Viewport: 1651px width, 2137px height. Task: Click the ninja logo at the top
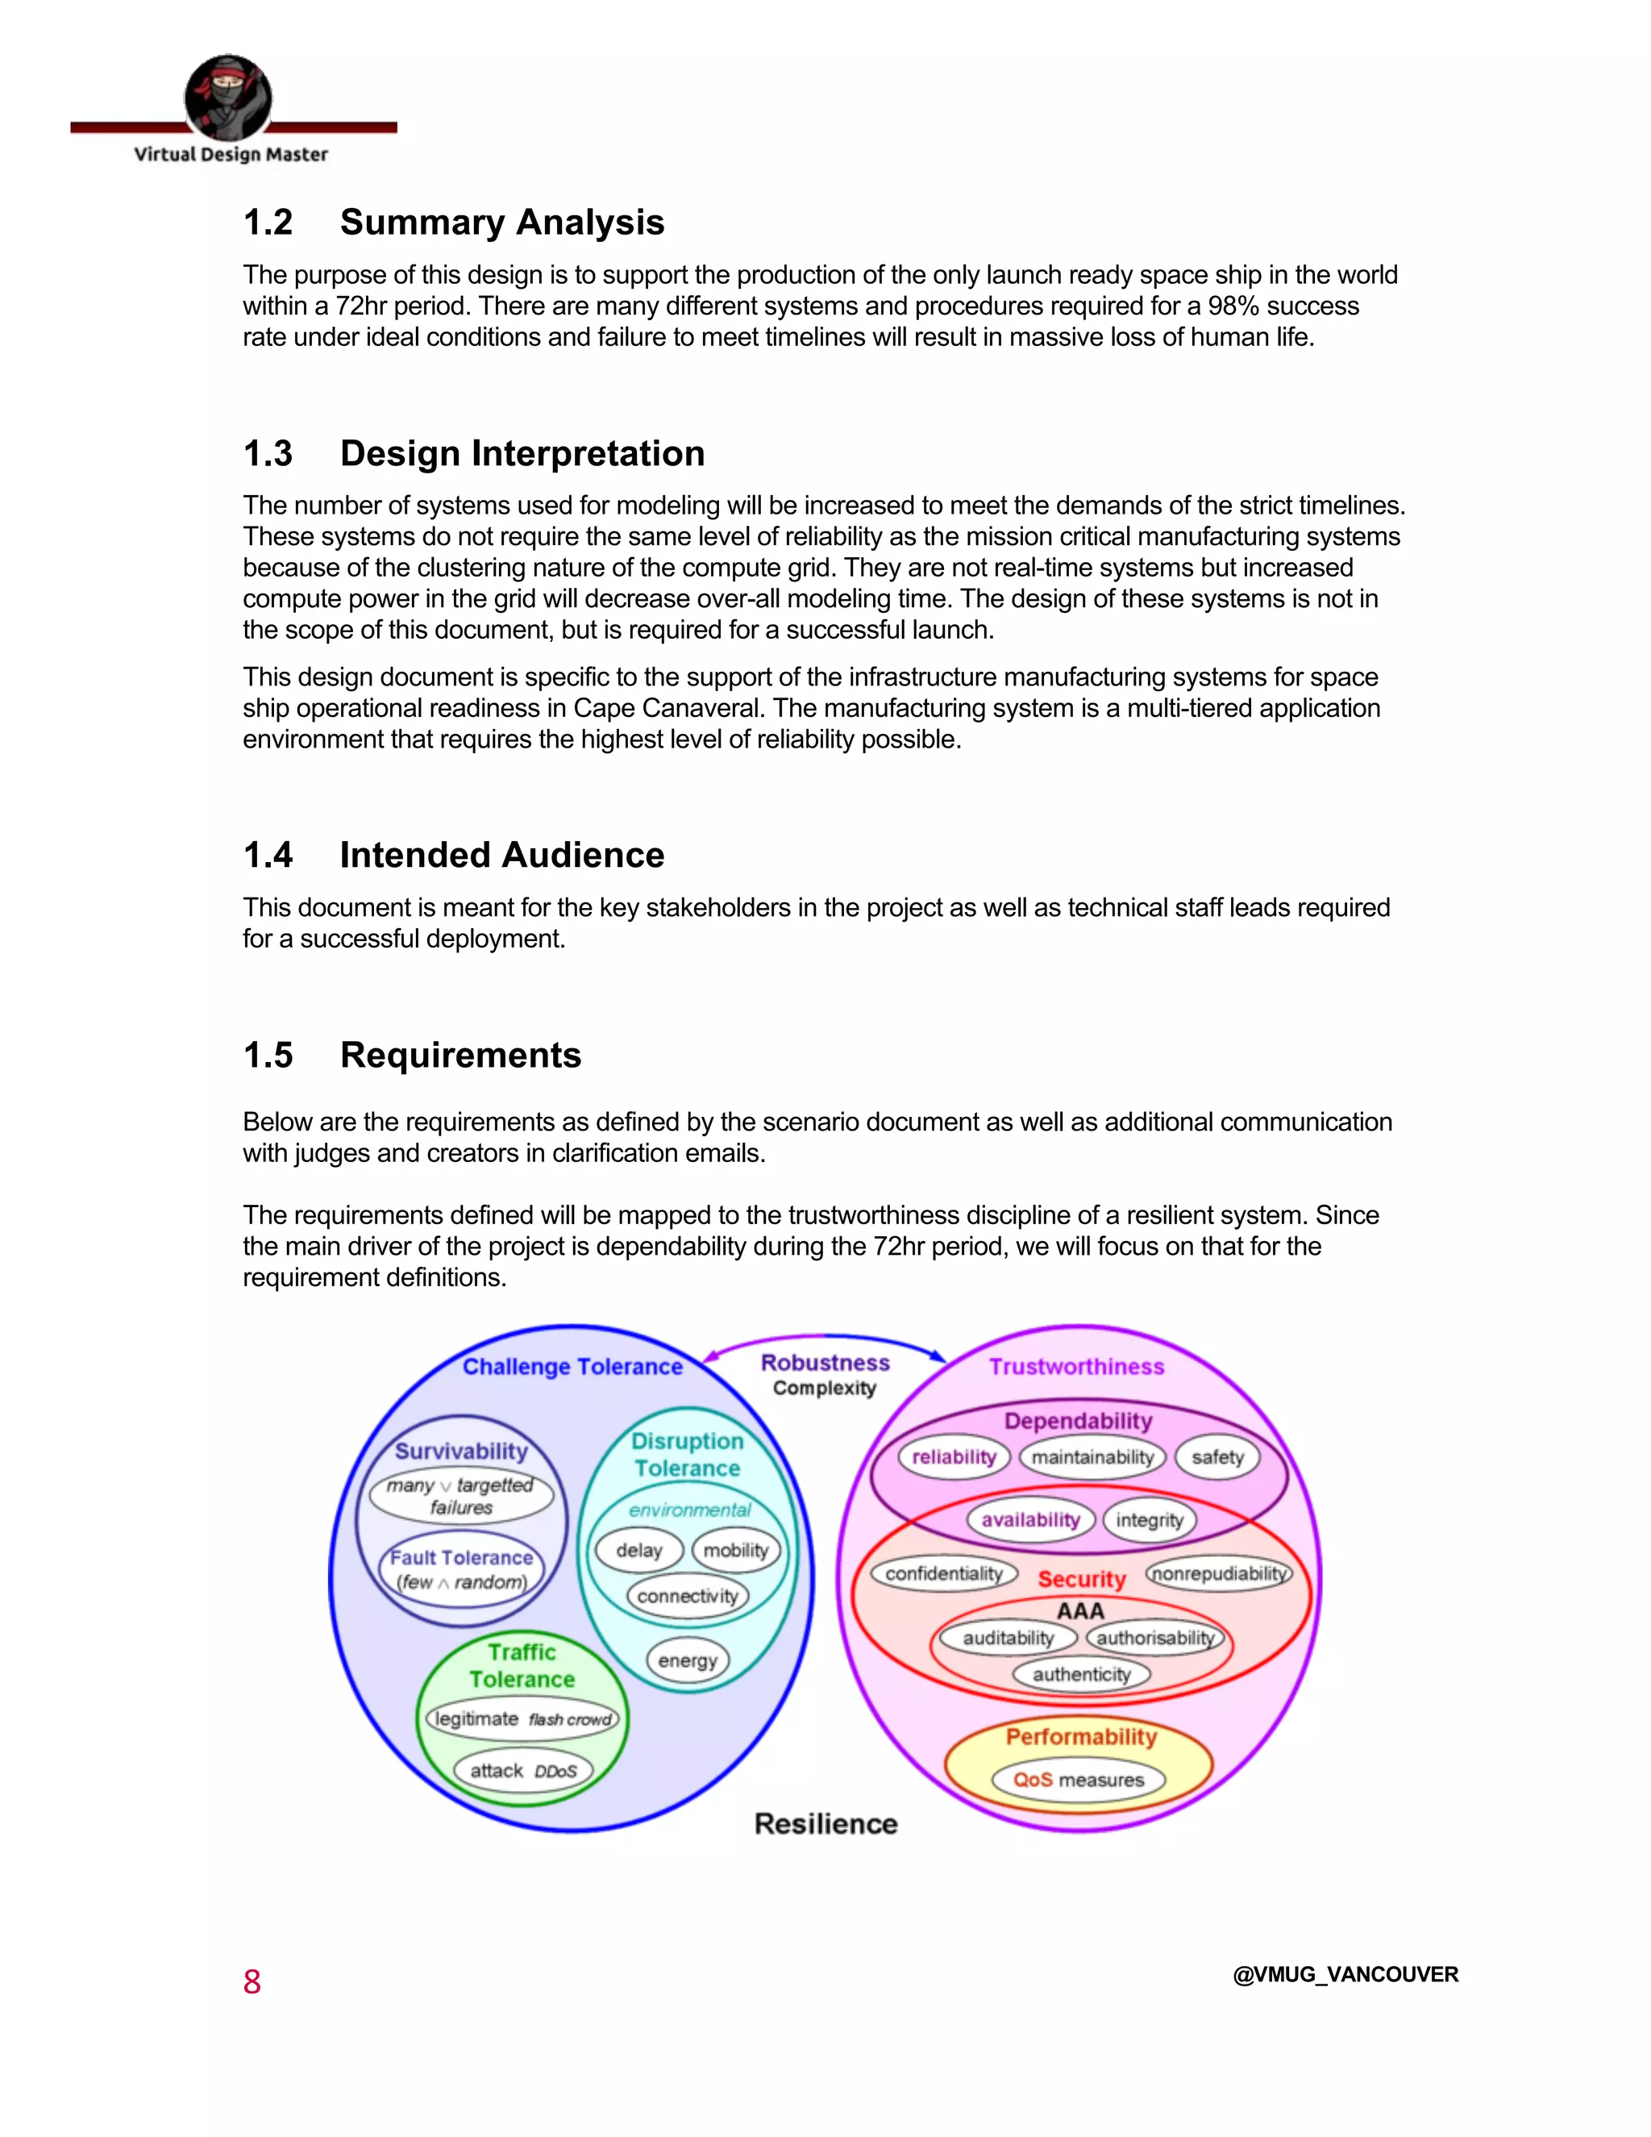[x=228, y=97]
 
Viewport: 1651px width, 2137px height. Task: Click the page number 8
[x=252, y=1981]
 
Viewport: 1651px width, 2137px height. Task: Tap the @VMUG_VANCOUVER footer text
[x=1345, y=1975]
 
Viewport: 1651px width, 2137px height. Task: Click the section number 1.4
[x=268, y=855]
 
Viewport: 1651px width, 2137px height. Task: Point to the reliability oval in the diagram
[x=954, y=1457]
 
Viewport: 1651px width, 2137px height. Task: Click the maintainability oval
[x=1092, y=1457]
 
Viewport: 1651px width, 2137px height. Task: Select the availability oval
[x=1030, y=1519]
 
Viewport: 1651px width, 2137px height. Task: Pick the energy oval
[x=688, y=1660]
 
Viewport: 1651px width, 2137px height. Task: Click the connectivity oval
[x=688, y=1596]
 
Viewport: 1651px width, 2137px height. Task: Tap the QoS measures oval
[x=1078, y=1780]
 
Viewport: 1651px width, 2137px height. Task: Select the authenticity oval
[x=1081, y=1674]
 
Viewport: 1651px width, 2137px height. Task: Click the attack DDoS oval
[x=523, y=1771]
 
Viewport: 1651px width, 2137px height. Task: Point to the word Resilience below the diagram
[x=825, y=1824]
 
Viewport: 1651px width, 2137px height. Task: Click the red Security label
[x=1082, y=1579]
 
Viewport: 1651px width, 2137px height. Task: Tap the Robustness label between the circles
[x=825, y=1363]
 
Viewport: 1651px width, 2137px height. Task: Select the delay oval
[x=638, y=1551]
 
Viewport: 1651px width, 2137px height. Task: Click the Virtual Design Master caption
[x=231, y=155]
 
